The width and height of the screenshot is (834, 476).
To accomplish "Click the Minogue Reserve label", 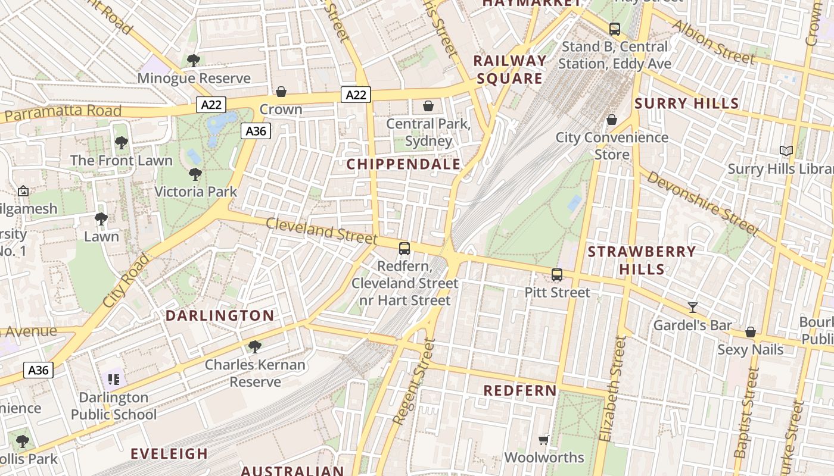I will [x=194, y=79].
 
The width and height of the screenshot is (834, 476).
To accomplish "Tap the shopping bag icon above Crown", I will [x=281, y=92].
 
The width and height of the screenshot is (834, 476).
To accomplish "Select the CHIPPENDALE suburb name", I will [x=403, y=164].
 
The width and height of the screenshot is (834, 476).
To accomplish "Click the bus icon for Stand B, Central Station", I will [x=614, y=29].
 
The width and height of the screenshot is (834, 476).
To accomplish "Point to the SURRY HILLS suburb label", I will [x=686, y=104].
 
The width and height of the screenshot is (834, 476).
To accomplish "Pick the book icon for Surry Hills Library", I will [x=786, y=151].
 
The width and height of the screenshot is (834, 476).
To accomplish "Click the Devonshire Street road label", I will [x=703, y=203].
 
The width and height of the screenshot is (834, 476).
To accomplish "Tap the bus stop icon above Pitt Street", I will [x=557, y=275].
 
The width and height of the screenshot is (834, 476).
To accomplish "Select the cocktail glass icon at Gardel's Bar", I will [x=692, y=308].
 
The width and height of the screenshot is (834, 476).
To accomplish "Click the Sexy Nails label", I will [x=750, y=349].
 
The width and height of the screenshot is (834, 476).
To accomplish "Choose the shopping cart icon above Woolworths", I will [x=543, y=440].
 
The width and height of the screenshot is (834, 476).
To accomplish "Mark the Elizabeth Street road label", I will [x=614, y=389].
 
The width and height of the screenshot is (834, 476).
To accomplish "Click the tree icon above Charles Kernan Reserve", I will [x=255, y=346].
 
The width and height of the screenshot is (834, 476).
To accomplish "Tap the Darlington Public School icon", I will [x=113, y=379].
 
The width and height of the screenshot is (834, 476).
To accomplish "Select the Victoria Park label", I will [x=195, y=192].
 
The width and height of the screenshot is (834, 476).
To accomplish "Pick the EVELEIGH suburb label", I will [x=169, y=454].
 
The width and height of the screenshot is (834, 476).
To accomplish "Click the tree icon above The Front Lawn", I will [x=122, y=143].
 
